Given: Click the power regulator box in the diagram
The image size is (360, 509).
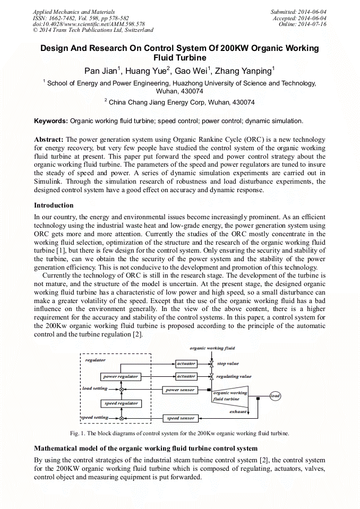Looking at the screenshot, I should [121, 376].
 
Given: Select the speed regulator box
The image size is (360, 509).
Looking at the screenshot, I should [121, 403].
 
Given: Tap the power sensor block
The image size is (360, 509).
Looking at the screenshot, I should [180, 390].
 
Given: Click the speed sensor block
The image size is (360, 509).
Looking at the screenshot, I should [181, 418].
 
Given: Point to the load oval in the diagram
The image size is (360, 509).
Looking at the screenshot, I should [275, 396].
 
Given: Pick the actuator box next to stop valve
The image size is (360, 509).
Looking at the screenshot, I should [186, 364].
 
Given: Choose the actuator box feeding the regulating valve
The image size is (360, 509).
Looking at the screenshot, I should [186, 376].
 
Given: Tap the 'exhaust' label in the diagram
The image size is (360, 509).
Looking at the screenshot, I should [238, 411].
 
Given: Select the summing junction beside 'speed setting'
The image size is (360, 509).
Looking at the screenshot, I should [122, 418].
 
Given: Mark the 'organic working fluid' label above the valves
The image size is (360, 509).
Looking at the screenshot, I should [212, 348].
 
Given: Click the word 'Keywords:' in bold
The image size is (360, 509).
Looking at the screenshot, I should [51, 121].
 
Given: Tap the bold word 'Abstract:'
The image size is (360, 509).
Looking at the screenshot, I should [49, 139].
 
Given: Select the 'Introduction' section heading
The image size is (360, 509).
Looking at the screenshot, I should [54, 205].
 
